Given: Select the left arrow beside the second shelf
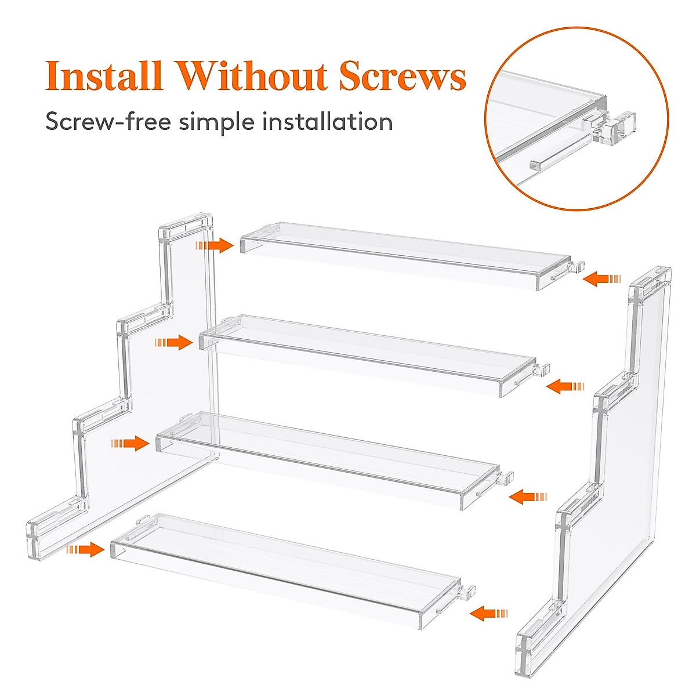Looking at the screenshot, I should (x=173, y=343).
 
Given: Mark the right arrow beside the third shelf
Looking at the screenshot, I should (x=528, y=497).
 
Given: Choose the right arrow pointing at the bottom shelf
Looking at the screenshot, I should (x=489, y=613).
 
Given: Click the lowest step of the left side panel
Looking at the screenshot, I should (x=55, y=522).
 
